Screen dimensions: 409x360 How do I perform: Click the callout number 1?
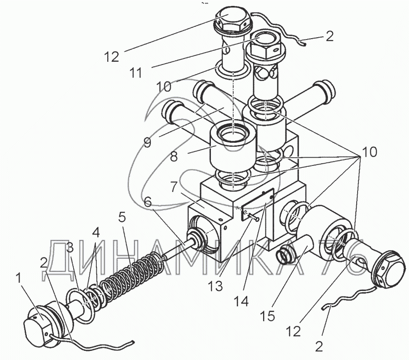pos(19,279)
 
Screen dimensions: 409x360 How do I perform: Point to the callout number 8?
pos(174,156)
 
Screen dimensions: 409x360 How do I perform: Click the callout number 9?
pos(147,142)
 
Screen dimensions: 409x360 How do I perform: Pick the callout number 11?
pos(137,73)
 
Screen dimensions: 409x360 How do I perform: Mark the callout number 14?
pos(241,301)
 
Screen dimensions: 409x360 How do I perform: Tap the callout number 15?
pos(267,316)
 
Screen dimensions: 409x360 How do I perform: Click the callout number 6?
pos(148,202)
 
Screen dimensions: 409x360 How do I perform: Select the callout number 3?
pos(70,249)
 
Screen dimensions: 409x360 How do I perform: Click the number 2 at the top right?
pos(330,36)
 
